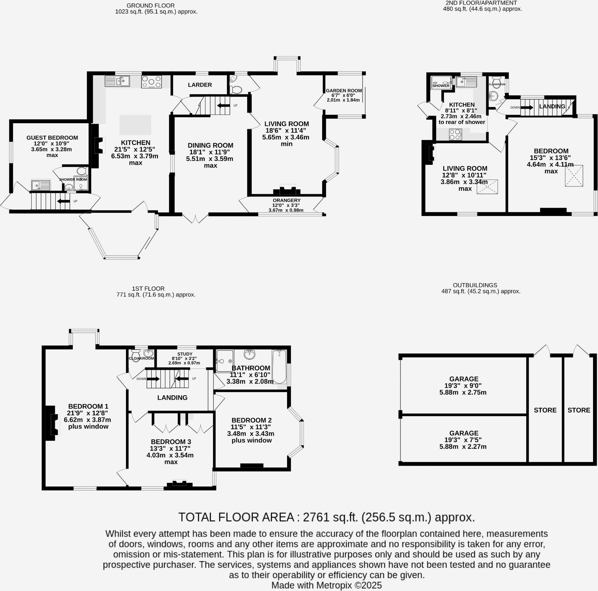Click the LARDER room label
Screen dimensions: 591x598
(x=200, y=85)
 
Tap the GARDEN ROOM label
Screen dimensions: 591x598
(x=344, y=91)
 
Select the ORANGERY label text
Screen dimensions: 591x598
(x=286, y=201)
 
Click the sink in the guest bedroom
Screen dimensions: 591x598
(x=41, y=185)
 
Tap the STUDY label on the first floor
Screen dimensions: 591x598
(x=185, y=354)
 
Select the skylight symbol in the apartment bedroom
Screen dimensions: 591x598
(x=574, y=176)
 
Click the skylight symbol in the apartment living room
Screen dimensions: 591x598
(x=487, y=187)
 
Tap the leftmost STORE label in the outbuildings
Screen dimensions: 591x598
(x=545, y=410)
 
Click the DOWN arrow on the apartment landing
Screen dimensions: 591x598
(x=526, y=107)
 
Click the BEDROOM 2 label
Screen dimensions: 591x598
(x=251, y=420)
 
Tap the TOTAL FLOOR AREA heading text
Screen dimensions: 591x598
(x=326, y=517)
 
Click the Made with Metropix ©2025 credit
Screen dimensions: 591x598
(x=326, y=585)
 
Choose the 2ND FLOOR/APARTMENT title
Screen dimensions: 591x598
(x=481, y=3)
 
